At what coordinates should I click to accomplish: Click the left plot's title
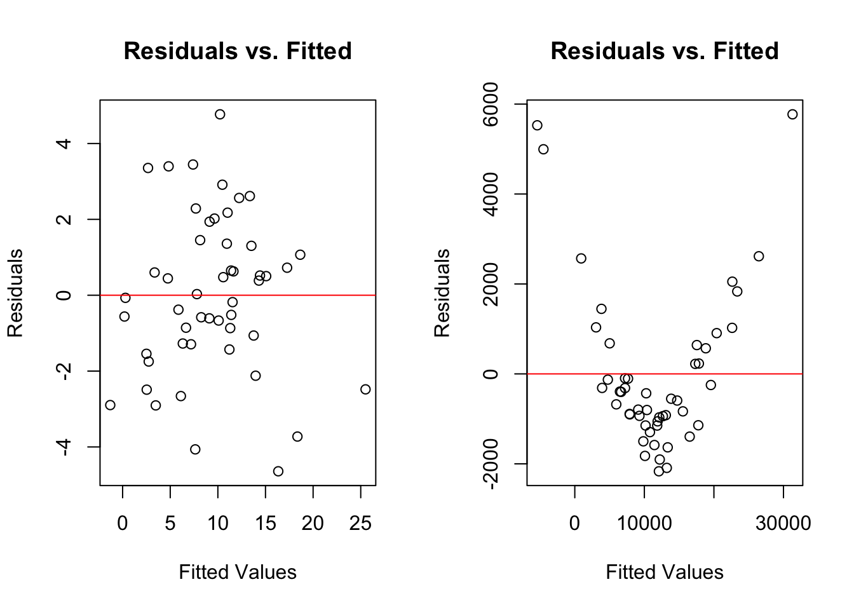tap(238, 51)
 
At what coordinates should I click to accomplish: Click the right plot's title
tap(665, 51)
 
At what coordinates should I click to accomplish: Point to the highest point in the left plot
tap(220, 114)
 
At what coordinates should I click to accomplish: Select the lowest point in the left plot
tap(278, 471)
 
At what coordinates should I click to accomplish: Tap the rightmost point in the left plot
tap(365, 390)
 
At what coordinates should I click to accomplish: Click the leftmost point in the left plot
tap(110, 405)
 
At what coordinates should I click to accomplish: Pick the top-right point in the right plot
tap(792, 114)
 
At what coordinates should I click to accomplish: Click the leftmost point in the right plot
tap(537, 125)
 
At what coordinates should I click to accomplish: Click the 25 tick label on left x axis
tap(360, 524)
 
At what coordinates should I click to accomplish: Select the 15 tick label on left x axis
tap(266, 524)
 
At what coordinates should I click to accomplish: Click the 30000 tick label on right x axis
tap(783, 524)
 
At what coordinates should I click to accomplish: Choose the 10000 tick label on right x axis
tap(644, 524)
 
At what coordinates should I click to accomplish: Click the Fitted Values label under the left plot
tap(238, 573)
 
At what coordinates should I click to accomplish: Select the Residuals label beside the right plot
tap(442, 293)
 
